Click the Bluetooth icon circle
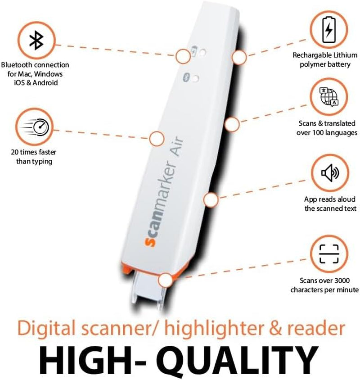(x=34, y=41)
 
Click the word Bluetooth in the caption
(x=18, y=65)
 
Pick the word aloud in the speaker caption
(x=346, y=199)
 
